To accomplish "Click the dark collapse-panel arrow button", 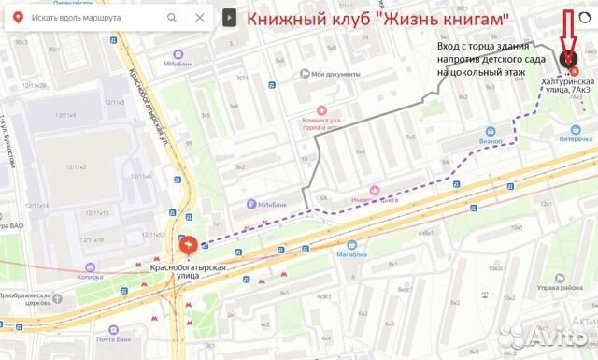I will [x=229, y=18].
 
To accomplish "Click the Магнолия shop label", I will [x=351, y=253].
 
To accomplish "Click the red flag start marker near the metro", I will [x=189, y=246].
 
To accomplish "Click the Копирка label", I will [x=90, y=277].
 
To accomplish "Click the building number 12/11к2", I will [x=76, y=166].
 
